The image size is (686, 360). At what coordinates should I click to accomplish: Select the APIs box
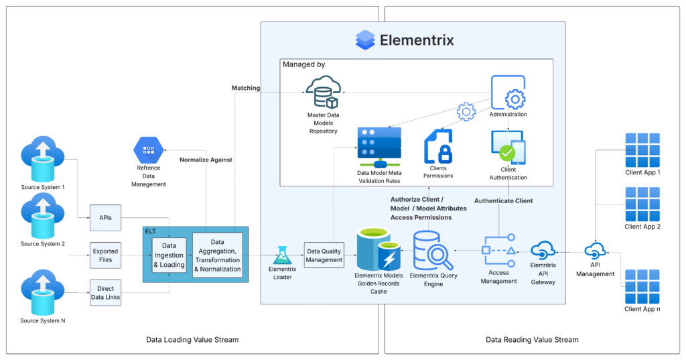coord(105,218)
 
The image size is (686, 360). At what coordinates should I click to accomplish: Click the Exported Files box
coord(105,255)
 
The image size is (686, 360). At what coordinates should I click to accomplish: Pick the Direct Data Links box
coord(105,292)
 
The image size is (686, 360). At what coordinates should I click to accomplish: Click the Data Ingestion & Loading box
coord(169,255)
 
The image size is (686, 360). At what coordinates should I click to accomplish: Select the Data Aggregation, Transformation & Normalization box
coord(217,255)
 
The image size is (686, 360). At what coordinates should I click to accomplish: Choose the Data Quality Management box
coord(324,255)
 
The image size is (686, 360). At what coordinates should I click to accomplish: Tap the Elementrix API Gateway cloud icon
coord(543,251)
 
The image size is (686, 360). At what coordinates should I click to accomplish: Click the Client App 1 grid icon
coord(642,149)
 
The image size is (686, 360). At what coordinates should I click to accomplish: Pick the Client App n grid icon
coord(642,286)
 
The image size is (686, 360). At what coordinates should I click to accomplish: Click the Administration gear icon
coord(508,93)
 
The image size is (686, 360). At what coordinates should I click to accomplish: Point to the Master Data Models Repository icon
coord(323,93)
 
